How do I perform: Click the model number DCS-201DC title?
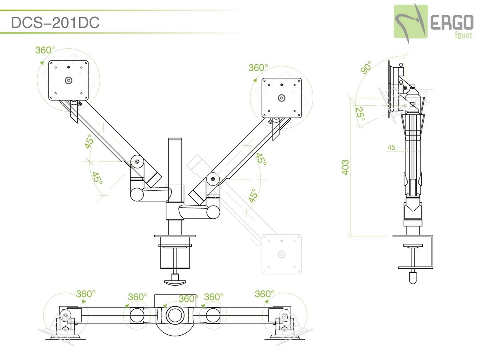55,23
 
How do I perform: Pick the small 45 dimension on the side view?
391,148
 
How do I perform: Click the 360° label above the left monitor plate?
45,50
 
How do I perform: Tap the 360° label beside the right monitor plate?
258,68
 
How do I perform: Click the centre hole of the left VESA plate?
68,80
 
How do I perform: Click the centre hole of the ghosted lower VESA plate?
282,254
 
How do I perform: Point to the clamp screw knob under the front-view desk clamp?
175,280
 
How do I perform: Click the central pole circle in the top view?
174,314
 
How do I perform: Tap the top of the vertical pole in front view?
175,140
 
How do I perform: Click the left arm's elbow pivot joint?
137,162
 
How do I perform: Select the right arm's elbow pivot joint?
213,178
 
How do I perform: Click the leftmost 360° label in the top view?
86,294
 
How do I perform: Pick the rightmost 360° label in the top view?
264,294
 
